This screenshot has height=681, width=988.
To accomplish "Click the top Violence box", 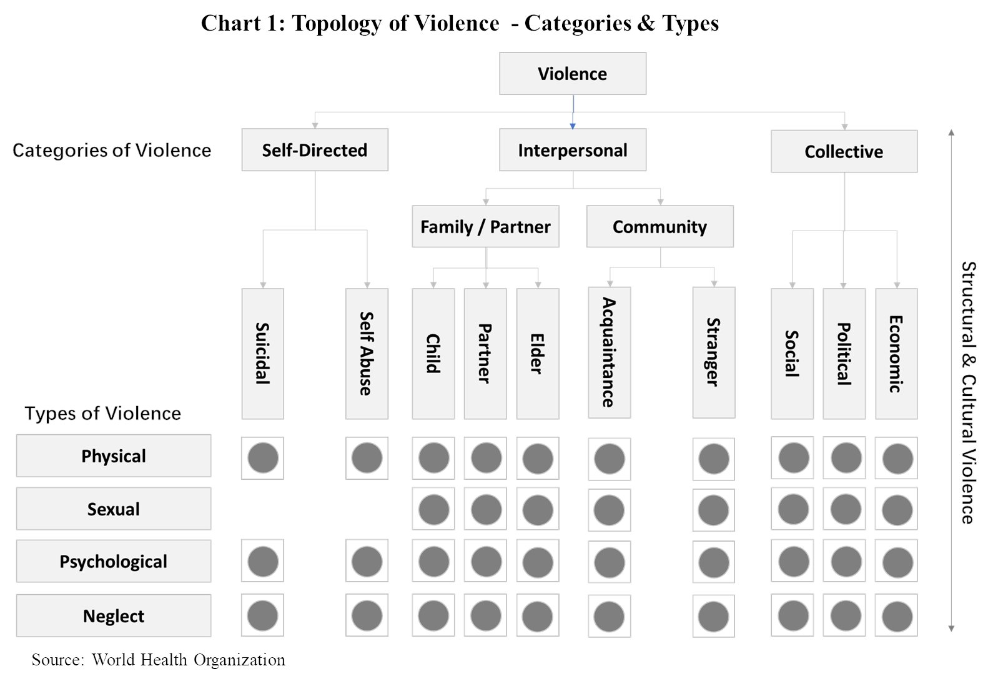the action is click(573, 73).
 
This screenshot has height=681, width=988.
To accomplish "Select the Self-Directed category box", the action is click(315, 149).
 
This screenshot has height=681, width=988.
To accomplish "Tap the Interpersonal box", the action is click(573, 149).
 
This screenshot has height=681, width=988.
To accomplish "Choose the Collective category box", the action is click(844, 151).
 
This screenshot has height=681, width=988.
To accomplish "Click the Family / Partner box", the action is click(486, 226).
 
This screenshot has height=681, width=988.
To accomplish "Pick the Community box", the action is click(660, 226).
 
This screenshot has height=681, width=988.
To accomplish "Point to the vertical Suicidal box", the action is click(263, 354).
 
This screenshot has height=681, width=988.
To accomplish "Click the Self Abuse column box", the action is click(367, 354).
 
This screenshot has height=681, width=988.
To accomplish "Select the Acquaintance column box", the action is click(610, 352).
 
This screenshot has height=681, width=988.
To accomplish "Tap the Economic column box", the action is click(896, 354).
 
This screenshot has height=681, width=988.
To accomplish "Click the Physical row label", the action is click(114, 455).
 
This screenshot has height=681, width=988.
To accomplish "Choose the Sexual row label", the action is click(114, 509).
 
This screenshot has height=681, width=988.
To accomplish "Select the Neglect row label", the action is click(114, 615).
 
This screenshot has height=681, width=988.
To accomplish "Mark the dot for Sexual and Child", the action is click(433, 509).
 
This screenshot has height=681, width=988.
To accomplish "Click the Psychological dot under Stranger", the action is click(714, 562).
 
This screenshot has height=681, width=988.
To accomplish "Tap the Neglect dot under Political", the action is click(846, 615).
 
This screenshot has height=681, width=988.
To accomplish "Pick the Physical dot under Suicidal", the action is click(263, 458).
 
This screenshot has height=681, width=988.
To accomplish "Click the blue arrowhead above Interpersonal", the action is click(573, 126).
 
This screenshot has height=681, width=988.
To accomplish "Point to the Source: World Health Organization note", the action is click(159, 660).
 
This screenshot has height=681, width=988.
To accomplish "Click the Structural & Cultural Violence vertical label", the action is click(969, 392).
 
